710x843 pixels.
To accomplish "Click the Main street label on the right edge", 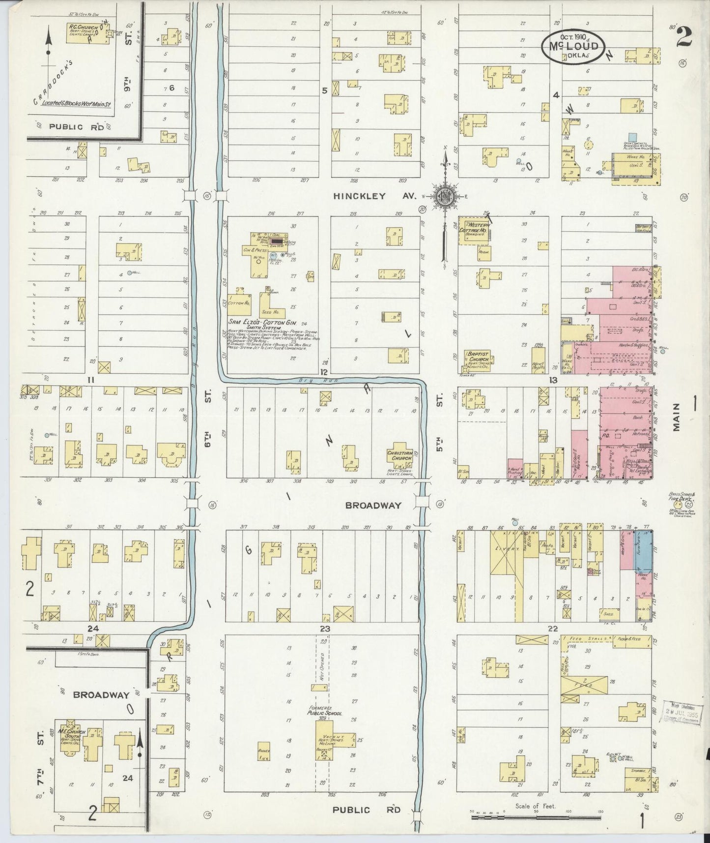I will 677,418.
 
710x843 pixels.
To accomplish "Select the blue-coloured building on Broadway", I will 644,550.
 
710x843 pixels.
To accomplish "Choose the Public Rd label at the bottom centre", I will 357,810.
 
